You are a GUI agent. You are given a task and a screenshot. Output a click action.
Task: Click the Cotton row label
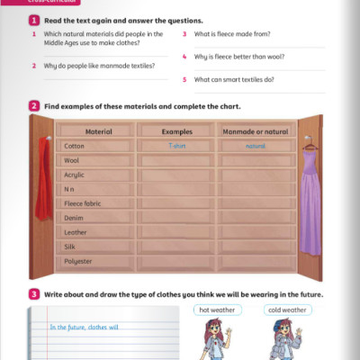(x=74, y=145)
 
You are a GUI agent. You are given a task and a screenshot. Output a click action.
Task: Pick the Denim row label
(x=74, y=218)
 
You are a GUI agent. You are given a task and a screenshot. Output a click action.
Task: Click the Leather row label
(x=76, y=232)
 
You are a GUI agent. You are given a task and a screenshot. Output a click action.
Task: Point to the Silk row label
(x=70, y=247)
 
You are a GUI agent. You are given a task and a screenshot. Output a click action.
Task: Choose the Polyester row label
(x=78, y=261)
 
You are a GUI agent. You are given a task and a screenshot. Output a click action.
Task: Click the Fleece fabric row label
(x=84, y=203)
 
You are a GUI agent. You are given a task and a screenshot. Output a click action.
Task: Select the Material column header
(x=98, y=131)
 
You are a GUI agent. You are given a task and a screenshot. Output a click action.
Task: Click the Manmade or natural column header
(x=256, y=131)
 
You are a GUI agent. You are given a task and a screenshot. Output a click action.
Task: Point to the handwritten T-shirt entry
(x=176, y=145)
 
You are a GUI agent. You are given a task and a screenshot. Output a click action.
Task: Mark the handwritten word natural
(x=256, y=145)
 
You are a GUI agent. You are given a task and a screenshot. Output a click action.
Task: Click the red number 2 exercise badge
(x=33, y=106)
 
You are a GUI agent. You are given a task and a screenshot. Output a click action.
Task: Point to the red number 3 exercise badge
(x=33, y=294)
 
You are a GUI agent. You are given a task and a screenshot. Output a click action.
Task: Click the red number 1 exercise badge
(x=33, y=19)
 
